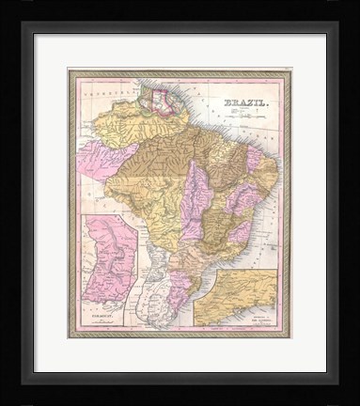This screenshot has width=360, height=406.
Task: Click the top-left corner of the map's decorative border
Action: coord(69,70)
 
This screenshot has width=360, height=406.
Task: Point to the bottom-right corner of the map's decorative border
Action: coord(290,336)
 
